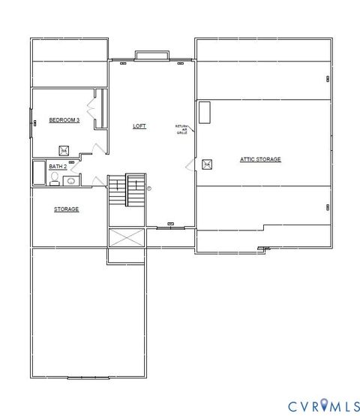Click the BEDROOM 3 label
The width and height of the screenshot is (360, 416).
click(64, 120)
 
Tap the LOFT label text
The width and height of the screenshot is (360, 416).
click(139, 126)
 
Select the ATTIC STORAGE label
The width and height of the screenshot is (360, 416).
click(259, 159)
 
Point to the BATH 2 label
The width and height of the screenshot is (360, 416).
click(58, 166)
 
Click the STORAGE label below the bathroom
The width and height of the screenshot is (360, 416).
click(66, 209)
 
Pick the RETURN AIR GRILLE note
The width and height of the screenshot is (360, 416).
click(181, 128)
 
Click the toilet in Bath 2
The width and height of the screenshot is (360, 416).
click(55, 179)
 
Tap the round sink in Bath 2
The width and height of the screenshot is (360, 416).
click(71, 180)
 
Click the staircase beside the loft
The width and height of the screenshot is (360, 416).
click(127, 191)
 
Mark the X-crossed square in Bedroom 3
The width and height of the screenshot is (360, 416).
click(64, 149)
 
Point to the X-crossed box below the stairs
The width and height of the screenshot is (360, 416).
click(127, 240)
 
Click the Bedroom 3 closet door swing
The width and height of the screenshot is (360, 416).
click(93, 110)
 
